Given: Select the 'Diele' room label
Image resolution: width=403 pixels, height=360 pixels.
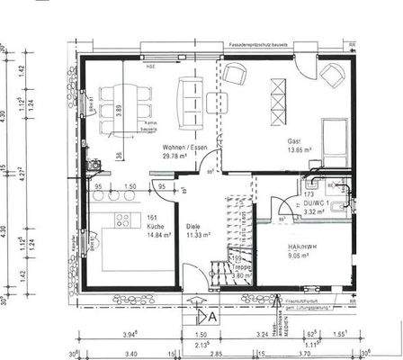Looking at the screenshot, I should [193, 226].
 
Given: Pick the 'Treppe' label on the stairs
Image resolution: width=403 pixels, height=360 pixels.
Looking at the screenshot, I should [239, 267].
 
